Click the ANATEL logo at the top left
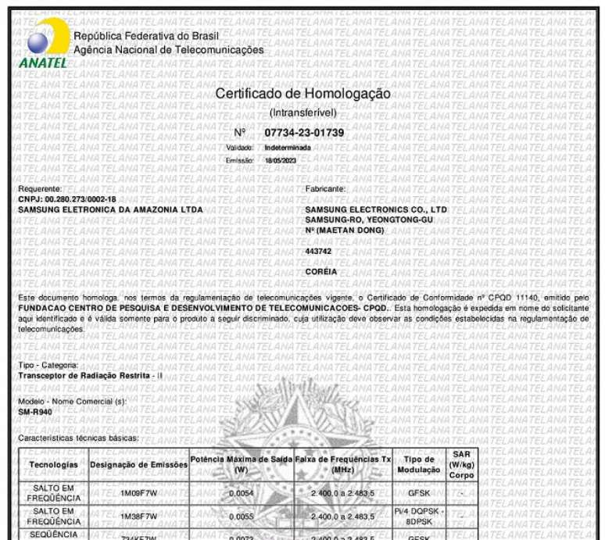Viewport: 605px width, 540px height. click(x=41, y=44)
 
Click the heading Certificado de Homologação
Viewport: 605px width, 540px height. click(x=302, y=95)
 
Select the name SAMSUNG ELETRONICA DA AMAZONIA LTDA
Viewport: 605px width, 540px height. click(x=110, y=209)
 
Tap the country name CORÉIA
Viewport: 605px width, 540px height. click(x=320, y=272)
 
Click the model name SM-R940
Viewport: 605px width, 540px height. click(x=34, y=410)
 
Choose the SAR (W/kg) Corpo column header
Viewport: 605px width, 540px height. click(x=461, y=464)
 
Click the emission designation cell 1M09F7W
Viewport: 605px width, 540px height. click(x=139, y=494)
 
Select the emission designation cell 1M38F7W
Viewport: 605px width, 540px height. click(x=139, y=517)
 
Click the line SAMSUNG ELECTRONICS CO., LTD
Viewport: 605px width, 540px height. click(x=375, y=209)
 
